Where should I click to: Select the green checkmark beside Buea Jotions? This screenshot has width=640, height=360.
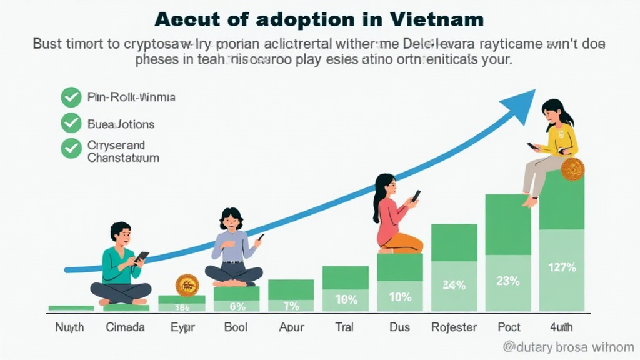71,123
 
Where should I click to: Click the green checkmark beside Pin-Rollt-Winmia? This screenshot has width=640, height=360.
71,97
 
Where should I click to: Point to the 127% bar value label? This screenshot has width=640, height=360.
562,268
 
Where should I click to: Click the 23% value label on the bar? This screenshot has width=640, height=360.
507,281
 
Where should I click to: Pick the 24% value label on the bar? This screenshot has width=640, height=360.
454,286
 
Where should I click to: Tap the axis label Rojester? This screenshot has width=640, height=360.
454,327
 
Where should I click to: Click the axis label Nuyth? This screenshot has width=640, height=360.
69,327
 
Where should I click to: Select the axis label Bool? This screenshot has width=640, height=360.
236,327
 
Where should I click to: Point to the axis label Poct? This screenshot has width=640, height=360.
509,327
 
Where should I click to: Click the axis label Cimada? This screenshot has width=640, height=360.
126,327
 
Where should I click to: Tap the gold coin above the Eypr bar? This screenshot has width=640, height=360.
187,285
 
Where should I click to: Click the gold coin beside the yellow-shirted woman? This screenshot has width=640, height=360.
572,169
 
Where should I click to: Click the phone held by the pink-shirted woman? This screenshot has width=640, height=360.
416,196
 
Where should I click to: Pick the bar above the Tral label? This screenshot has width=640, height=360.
345,288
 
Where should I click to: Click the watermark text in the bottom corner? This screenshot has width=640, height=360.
568,347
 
